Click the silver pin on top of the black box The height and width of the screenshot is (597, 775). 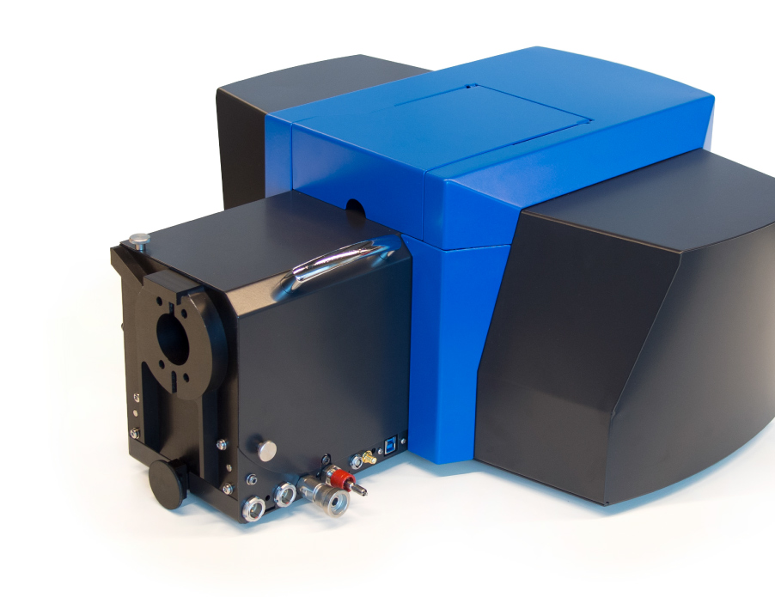tap(137, 240)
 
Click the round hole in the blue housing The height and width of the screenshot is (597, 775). tap(354, 207)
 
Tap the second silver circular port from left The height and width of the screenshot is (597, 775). tap(283, 494)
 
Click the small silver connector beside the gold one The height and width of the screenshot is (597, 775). tap(356, 463)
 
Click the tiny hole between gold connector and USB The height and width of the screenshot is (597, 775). tap(380, 449)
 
